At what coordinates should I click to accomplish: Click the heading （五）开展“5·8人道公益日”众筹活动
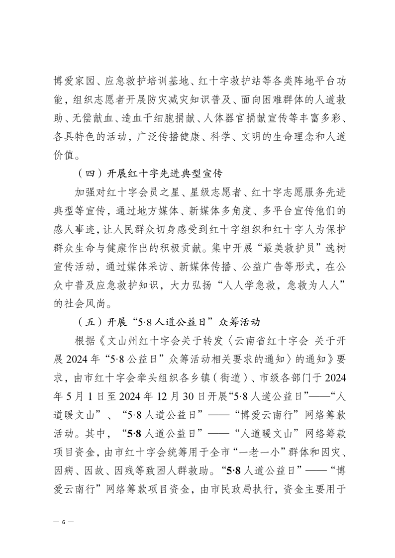coord(167,321)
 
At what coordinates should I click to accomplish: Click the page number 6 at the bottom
coord(63,522)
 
